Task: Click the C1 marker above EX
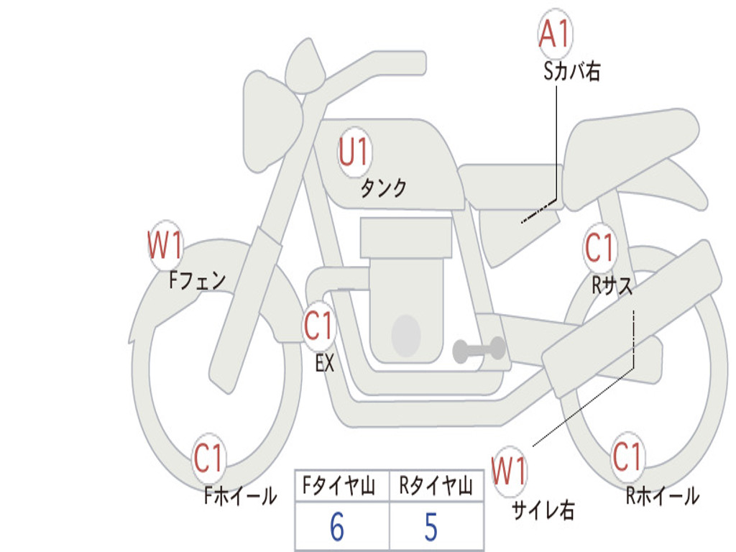coord(319,326)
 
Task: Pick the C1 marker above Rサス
coord(599,248)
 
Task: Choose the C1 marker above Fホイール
coord(209,458)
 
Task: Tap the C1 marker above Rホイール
coord(627,456)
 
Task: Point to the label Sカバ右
coord(572,71)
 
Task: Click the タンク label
coord(383,188)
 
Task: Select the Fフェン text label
coord(198,279)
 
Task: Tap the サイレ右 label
coord(543,510)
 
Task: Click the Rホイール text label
coord(662,495)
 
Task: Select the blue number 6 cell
coord(337,528)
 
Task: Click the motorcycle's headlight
coord(271,120)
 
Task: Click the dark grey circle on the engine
coord(405,335)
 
